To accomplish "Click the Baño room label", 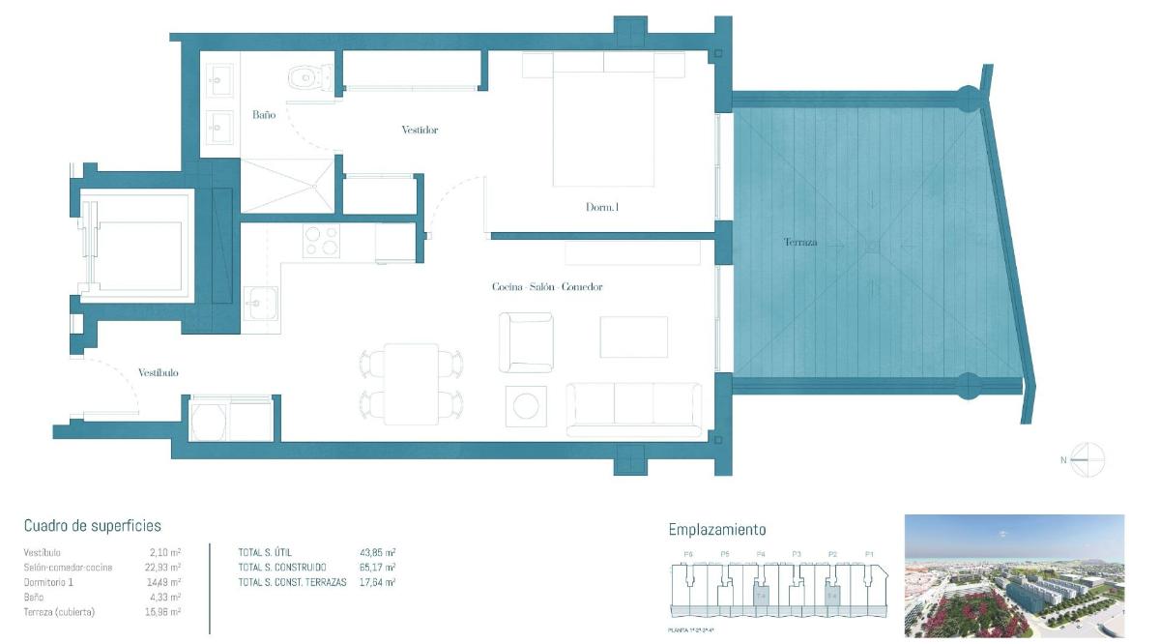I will click(x=264, y=114).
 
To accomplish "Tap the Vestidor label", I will click(x=420, y=130).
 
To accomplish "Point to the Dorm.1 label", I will click(x=602, y=207).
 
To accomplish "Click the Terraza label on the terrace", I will click(x=799, y=242).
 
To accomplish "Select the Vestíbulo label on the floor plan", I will click(x=158, y=372).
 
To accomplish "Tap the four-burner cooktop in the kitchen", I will click(x=321, y=241).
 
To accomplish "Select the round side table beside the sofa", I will click(x=526, y=406).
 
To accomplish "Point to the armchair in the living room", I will click(x=526, y=342).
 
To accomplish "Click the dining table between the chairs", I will click(x=410, y=384).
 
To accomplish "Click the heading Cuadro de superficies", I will click(x=92, y=526).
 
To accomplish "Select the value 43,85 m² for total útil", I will click(x=377, y=552).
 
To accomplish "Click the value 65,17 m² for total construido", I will click(x=377, y=567).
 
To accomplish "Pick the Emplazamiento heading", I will click(x=716, y=529).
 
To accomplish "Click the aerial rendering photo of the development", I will click(x=1014, y=575).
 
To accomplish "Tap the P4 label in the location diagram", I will click(x=761, y=554).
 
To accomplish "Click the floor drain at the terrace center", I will click(x=873, y=246).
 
